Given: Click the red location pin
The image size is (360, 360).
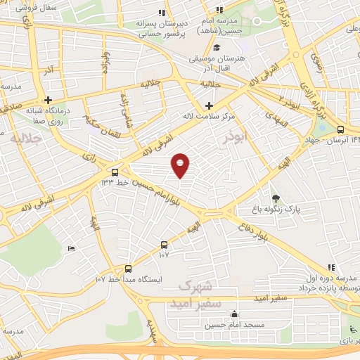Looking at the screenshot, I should tap(181, 164).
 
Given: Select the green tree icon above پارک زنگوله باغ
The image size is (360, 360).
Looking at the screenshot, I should tap(276, 198).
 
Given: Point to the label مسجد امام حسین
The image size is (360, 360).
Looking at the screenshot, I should tap(234, 326).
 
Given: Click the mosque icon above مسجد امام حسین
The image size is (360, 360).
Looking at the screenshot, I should tap(234, 314).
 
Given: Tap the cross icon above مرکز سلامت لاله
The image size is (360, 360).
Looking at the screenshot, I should tap(209, 105).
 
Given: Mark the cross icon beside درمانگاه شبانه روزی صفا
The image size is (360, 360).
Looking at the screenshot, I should tap(49, 100).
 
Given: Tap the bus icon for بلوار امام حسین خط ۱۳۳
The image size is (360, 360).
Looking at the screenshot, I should tap(115, 172).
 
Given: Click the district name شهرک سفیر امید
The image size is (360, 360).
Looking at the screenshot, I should tap(196, 295).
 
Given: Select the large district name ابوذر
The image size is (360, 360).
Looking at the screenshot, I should tap(236, 139).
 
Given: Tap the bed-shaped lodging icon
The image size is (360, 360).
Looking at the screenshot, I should tap(71, 249).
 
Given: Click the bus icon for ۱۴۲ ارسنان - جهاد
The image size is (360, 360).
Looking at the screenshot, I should tap(341, 129).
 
